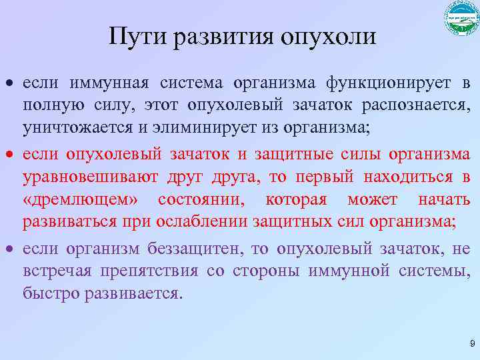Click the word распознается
point(420,107)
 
